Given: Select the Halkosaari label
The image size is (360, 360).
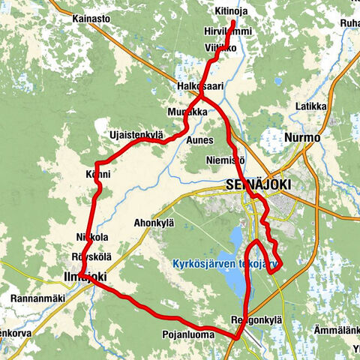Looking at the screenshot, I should pyautogui.click(x=199, y=88).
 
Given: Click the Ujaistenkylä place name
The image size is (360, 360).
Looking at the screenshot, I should pyautogui.click(x=136, y=134).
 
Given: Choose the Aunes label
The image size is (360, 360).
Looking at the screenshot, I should pyautogui.click(x=200, y=139).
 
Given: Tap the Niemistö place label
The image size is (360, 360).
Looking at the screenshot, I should pyautogui.click(x=225, y=160).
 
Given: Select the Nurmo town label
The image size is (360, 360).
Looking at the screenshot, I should pyautogui.click(x=302, y=138).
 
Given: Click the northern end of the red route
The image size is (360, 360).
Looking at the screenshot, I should pyautogui.click(x=234, y=22).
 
